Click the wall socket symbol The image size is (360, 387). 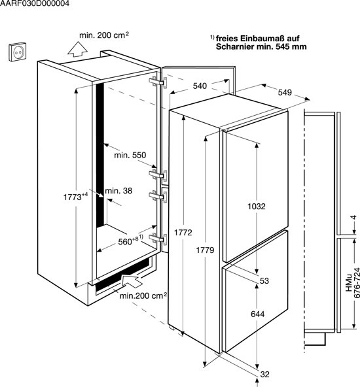tap(17, 52)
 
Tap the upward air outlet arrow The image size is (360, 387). tap(78, 49)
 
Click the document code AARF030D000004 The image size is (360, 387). tap(35, 3)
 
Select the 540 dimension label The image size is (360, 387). tap(200, 86)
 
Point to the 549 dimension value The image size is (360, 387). tap(285, 92)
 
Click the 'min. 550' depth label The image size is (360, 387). tap(130, 155)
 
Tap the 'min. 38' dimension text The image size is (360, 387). tap(118, 190)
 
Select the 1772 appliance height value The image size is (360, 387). tap(183, 233)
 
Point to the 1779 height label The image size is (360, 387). tap(205, 250)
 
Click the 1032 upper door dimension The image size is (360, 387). tap(257, 206)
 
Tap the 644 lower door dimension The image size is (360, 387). tap(257, 314)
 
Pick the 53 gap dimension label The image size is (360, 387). tap(264, 280)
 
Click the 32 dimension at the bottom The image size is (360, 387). tap(264, 375)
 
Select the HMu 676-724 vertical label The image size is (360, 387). tap(353, 283)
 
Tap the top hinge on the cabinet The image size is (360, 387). tap(158, 82)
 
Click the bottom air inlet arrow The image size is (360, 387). tap(132, 281)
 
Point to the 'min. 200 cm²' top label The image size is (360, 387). tap(104, 35)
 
